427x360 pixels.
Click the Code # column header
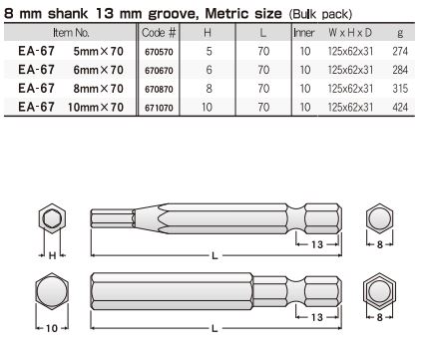point(159,33)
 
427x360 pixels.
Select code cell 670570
point(159,52)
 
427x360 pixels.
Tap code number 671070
point(159,108)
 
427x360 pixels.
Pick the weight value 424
point(400,107)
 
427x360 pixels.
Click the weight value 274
point(400,51)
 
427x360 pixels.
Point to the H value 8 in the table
point(209,89)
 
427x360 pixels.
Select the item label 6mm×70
point(99,70)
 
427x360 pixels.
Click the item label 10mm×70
point(96,107)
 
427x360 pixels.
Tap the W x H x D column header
point(350,33)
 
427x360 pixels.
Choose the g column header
point(400,33)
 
